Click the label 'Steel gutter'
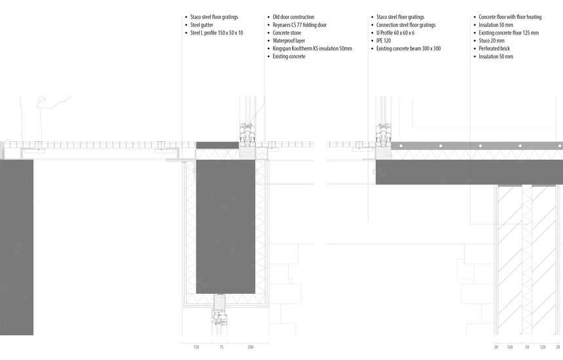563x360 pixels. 202,25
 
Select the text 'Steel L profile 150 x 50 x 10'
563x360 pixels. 217,33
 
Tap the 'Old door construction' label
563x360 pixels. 293,17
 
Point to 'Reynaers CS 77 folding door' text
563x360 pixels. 299,25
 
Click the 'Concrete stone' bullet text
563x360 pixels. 287,33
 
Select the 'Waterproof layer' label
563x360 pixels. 289,41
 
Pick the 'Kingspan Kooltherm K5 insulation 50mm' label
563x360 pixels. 312,49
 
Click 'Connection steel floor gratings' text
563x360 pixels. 406,25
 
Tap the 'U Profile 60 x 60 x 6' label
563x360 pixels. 395,33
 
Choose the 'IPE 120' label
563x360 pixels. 384,41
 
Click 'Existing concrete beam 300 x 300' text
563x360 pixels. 409,49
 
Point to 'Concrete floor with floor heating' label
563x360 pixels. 510,17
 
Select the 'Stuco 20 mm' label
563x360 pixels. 492,41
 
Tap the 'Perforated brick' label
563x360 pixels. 494,49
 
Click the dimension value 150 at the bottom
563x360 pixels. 196,347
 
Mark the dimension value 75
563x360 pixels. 221,347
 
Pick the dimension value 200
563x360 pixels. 250,347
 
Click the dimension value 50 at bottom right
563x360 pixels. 527,347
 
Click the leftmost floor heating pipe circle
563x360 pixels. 401,146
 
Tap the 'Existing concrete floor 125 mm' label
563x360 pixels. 509,33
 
